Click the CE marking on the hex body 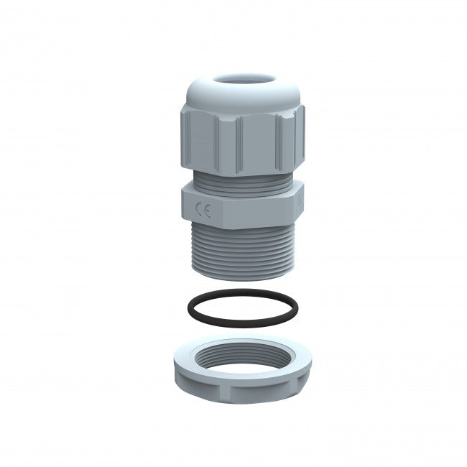203,211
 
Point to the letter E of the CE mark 206,211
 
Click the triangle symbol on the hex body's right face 296,206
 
